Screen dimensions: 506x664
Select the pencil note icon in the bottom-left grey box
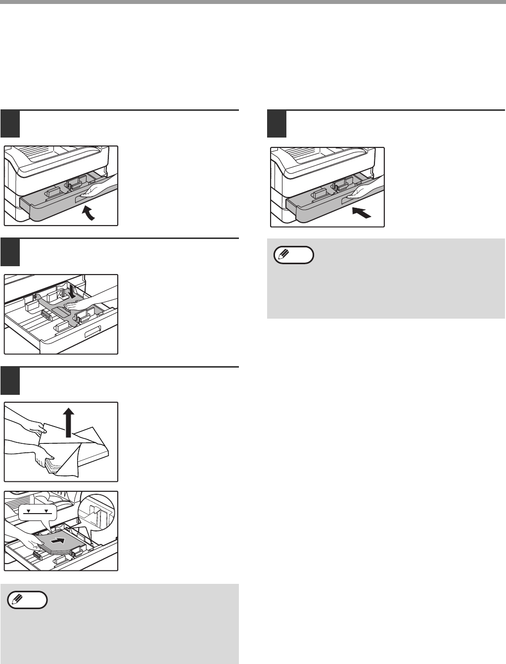click(28, 600)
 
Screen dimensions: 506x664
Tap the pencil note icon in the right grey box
click(294, 254)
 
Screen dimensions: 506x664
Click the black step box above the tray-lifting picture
click(10, 124)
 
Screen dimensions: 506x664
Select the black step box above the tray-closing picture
click(277, 124)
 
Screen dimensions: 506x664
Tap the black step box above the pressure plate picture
click(10, 252)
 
